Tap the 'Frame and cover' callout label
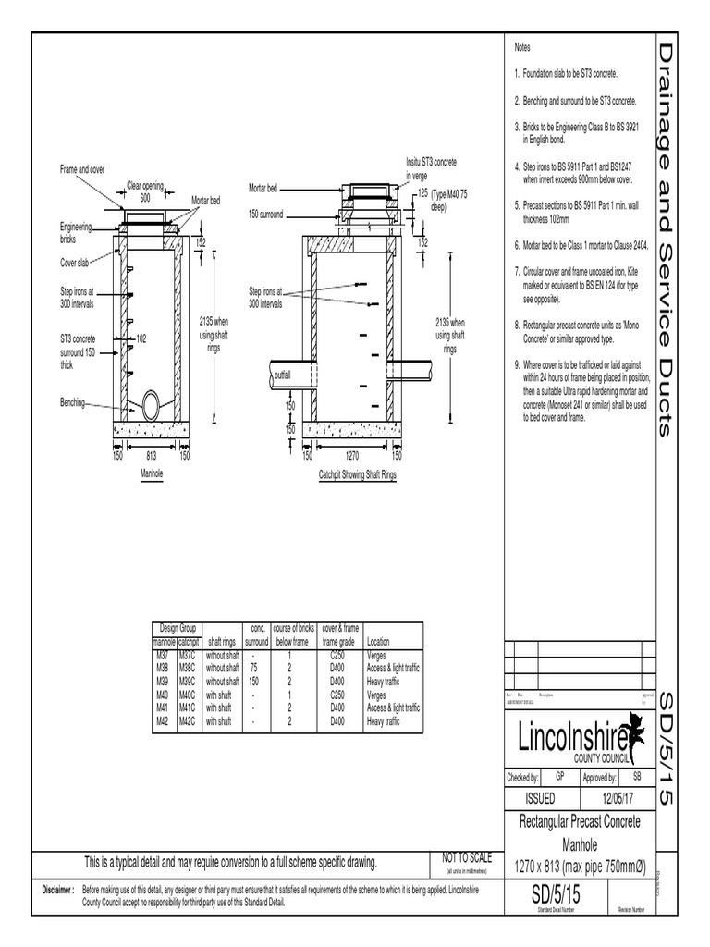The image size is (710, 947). [x=82, y=170]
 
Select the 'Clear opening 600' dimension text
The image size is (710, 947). [x=145, y=191]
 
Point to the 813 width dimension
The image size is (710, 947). [x=150, y=455]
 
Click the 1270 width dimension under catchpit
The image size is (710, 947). [x=351, y=455]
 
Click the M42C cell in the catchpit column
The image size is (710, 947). [x=188, y=719]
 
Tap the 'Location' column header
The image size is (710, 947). [x=378, y=641]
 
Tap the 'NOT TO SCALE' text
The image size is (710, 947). [x=468, y=858]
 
